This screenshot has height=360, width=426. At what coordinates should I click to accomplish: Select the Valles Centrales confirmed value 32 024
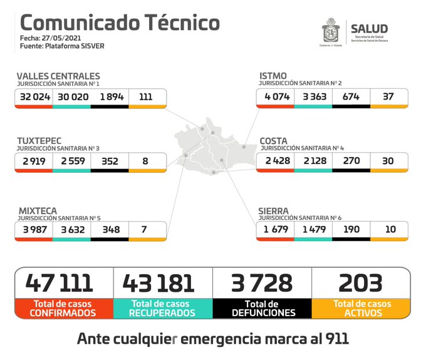click(x=34, y=97)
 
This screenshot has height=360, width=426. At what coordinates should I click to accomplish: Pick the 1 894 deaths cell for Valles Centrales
click(x=110, y=97)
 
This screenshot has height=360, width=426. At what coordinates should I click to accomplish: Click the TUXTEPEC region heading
click(x=39, y=140)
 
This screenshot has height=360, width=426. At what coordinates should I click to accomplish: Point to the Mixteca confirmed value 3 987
click(x=34, y=229)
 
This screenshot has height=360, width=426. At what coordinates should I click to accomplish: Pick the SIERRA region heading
click(x=274, y=210)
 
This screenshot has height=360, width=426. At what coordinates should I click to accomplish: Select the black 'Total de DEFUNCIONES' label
click(x=262, y=308)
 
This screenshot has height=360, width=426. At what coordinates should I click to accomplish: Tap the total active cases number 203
click(x=360, y=283)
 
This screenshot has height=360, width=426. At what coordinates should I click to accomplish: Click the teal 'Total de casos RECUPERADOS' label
click(x=163, y=308)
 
